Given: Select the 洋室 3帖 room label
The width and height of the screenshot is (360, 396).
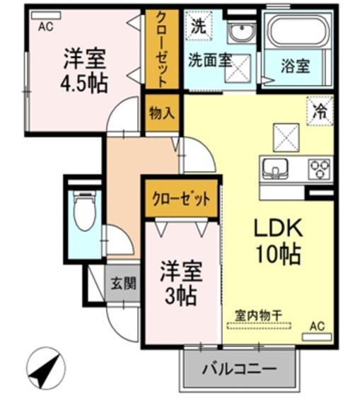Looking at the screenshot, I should coord(180,281).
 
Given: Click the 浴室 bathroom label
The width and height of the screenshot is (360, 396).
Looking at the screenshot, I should coord(295,69).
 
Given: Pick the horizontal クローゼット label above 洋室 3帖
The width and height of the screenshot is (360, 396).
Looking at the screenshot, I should coord(181,199).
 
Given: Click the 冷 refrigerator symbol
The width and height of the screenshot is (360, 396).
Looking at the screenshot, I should coord(320,111).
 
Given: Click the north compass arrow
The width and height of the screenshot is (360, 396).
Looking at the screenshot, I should coord(44,367).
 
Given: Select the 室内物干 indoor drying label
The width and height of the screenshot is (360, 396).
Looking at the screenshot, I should coord(259,316).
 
